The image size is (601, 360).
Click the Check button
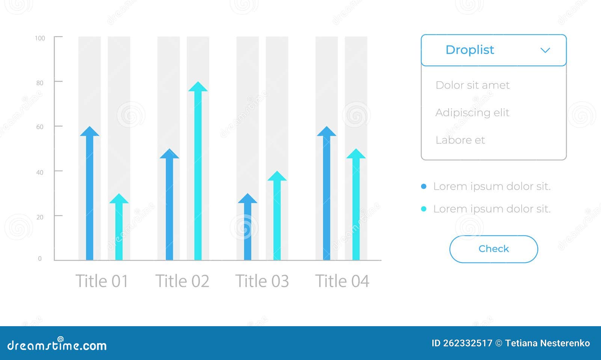pos(494,249)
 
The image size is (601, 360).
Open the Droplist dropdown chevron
pos(545,50)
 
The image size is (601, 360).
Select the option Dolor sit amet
pos(472,85)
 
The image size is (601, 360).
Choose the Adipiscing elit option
pos(472,113)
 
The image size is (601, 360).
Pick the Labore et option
pos(460,140)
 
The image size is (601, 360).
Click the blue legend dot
pos(424,186)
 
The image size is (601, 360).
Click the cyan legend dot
pos(424,209)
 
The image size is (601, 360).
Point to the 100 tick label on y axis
pos(40,38)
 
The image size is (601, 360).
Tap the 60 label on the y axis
pos(40,127)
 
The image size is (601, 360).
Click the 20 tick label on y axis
pos(40,217)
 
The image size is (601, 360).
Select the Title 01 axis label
pos(102,281)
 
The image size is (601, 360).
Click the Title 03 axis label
pos(262,281)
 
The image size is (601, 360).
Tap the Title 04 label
pos(342,281)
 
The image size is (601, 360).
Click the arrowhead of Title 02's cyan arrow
pos(198,87)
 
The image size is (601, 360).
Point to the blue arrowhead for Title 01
pos(89,132)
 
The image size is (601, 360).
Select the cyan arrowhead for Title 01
pos(119,199)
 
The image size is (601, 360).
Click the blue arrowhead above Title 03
pos(248,199)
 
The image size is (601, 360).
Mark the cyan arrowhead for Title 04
pos(356,154)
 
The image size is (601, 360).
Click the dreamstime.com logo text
pos(57,345)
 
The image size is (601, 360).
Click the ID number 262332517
pos(467,343)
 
